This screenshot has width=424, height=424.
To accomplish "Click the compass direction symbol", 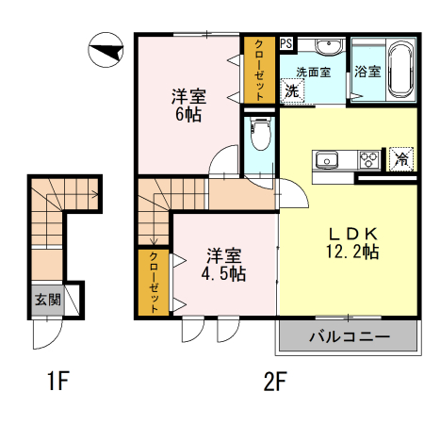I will point(106,48).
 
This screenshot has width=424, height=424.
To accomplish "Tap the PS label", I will point(286,43).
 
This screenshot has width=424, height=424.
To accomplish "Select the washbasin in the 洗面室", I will point(328,47).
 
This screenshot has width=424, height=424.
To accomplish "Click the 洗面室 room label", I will point(313,72).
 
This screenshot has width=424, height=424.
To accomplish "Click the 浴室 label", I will point(367,72).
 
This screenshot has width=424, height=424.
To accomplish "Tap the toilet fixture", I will point(260,133).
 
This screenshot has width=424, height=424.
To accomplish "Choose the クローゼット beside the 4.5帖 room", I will point(151,282).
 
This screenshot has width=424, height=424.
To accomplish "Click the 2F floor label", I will point(274,383).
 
